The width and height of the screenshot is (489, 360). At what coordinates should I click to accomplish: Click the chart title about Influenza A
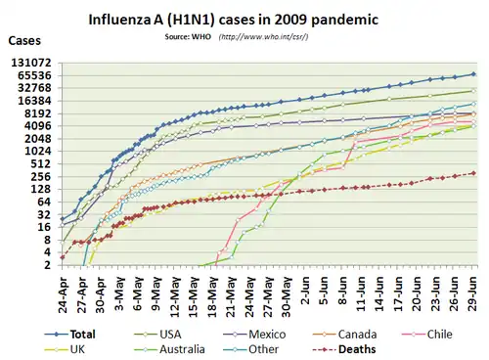point(234,20)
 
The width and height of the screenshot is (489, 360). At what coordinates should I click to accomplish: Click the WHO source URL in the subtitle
point(264,36)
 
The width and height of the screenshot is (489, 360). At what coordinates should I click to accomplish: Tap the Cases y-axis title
point(24,40)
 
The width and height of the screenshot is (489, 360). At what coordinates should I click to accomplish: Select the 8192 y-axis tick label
point(39,113)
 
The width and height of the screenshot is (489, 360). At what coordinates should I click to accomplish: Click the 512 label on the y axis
point(41,163)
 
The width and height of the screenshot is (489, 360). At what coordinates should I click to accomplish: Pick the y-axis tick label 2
point(48,265)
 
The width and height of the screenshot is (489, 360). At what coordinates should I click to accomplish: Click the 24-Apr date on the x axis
point(63,295)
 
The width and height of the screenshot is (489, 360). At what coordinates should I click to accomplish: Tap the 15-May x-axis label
point(194,295)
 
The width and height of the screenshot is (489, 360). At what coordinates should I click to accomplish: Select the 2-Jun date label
point(305,291)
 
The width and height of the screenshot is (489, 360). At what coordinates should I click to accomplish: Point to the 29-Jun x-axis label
point(473,293)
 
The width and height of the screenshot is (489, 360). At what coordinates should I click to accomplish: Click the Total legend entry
point(70,335)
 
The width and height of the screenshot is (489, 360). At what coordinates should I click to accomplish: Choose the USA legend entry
point(158,335)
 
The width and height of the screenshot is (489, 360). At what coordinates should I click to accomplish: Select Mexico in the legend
point(254,335)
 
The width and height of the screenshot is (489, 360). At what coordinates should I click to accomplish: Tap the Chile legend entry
point(427,335)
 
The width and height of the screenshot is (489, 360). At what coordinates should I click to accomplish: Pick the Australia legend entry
point(169,349)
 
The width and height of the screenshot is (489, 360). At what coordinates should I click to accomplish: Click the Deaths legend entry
point(344,349)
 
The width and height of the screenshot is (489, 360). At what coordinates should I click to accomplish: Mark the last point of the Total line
point(473,74)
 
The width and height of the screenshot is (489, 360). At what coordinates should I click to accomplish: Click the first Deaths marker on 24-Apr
point(63,257)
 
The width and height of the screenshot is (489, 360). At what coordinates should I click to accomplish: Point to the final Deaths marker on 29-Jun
point(473,173)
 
